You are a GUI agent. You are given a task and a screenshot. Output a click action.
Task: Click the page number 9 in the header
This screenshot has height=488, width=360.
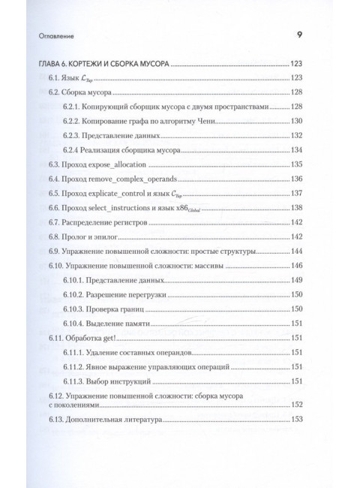300,34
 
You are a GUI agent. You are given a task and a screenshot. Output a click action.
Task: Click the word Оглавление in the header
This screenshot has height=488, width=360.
47,35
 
